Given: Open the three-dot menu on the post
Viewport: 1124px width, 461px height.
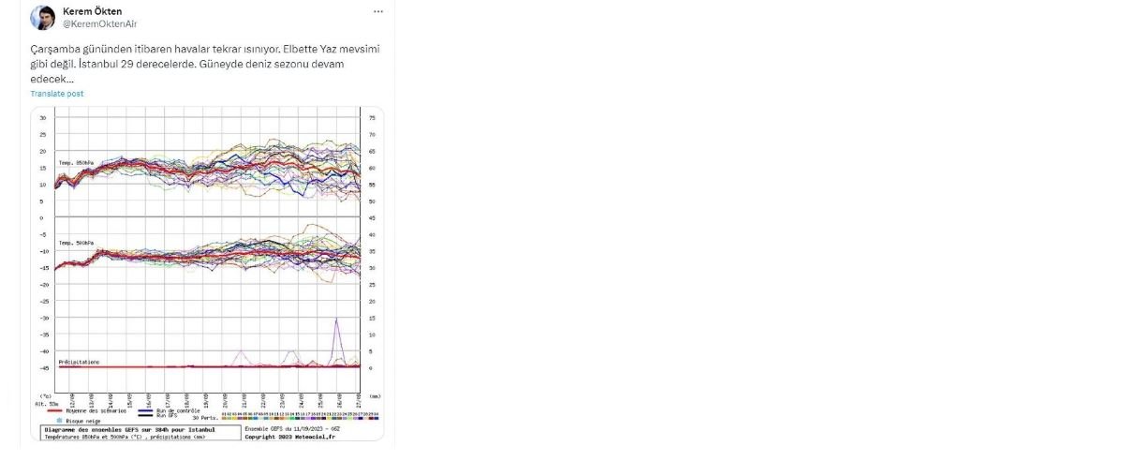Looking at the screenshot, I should pos(377,12).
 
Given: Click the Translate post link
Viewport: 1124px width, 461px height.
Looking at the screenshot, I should pos(56,94).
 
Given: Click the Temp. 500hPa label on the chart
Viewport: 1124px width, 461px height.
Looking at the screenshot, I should pos(78,243).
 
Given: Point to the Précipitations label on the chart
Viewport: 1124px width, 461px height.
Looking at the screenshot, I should pos(79,361).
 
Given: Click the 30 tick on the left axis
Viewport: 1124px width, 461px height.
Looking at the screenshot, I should pos(43,118).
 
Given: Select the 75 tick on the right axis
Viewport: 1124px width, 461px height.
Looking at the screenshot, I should pos(372,118).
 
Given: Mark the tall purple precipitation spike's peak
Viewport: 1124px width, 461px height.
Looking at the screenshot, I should pos(336,319).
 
